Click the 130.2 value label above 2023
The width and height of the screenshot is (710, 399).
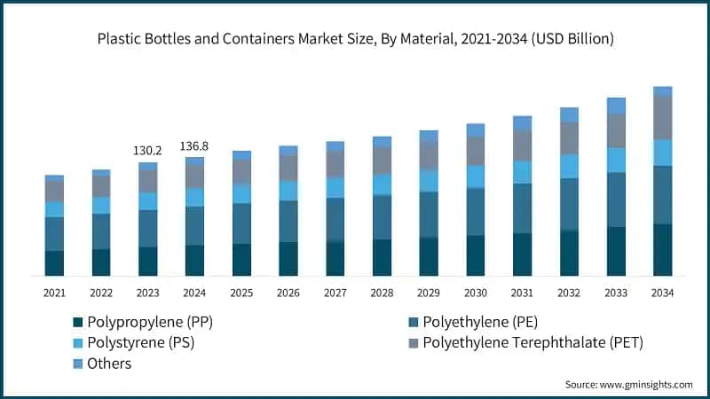pyautogui.click(x=147, y=151)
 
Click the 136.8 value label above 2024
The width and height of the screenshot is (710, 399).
pyautogui.click(x=194, y=145)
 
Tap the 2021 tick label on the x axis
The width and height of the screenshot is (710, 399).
pyautogui.click(x=54, y=293)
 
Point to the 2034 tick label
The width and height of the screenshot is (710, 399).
pyautogui.click(x=662, y=293)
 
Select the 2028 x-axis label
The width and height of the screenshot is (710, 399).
pyautogui.click(x=382, y=293)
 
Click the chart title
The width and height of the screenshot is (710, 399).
pyautogui.click(x=355, y=39)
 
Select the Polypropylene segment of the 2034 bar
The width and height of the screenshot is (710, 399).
pyautogui.click(x=662, y=249)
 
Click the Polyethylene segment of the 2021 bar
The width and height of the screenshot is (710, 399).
pyautogui.click(x=54, y=234)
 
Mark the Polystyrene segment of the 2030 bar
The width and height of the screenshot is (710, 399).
pyautogui.click(x=476, y=176)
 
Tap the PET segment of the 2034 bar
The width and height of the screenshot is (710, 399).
pyautogui.click(x=662, y=117)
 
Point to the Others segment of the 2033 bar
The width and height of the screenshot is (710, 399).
pyautogui.click(x=616, y=106)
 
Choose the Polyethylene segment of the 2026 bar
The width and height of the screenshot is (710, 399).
pyautogui.click(x=288, y=221)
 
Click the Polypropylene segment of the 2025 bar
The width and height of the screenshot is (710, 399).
pyautogui.click(x=241, y=259)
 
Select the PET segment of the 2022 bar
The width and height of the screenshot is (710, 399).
pyautogui.click(x=101, y=186)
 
